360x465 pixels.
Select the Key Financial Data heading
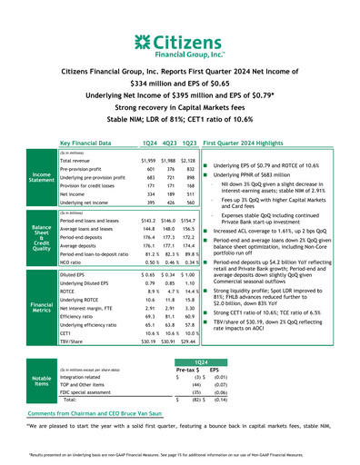[x=90, y=143]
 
